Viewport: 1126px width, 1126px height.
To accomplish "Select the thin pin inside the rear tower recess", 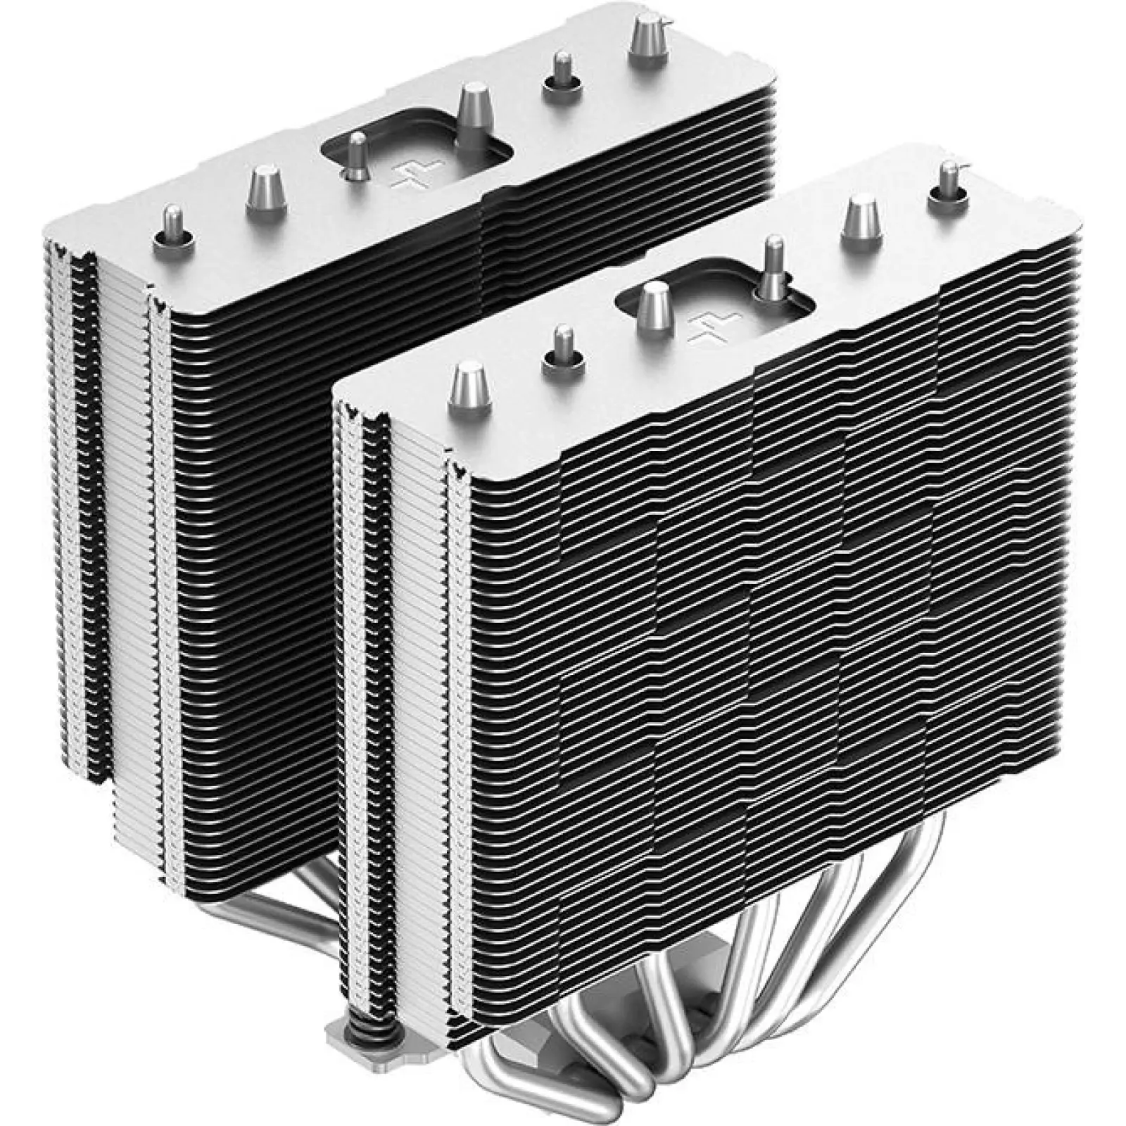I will pos(358,155).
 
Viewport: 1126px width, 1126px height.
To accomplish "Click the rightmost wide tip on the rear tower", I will pos(648,42).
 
